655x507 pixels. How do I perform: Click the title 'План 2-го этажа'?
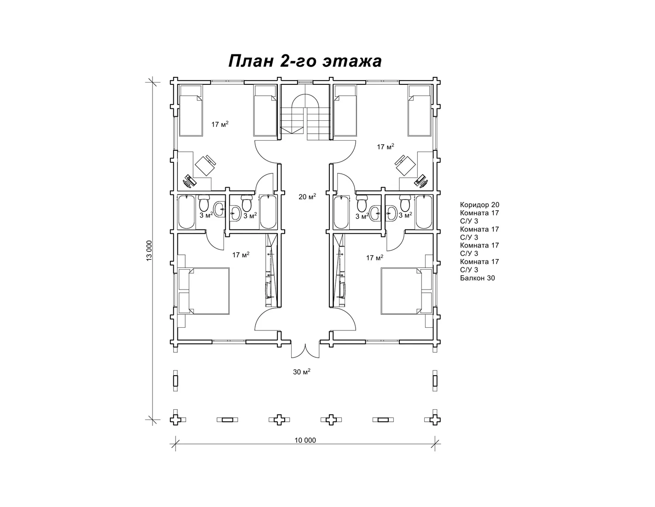(x=305, y=61)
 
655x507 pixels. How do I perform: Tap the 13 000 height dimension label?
(x=149, y=251)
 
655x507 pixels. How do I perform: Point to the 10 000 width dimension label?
(x=305, y=440)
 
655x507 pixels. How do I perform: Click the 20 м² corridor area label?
(x=307, y=196)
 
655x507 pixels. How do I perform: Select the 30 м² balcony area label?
(x=302, y=371)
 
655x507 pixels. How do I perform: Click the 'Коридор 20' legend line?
(x=480, y=205)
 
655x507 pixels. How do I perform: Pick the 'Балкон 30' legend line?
(x=478, y=278)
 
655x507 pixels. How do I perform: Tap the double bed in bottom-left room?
(x=204, y=291)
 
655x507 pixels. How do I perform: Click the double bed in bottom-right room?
(x=406, y=291)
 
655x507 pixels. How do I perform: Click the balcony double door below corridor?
(x=305, y=350)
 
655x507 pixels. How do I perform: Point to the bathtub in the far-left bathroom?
(x=187, y=212)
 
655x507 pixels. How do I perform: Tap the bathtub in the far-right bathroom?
(x=424, y=212)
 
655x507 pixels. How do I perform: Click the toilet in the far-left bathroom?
(x=204, y=203)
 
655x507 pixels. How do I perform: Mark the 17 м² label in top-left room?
(x=220, y=124)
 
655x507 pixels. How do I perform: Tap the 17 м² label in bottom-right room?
(x=374, y=258)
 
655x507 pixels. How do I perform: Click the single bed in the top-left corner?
(x=191, y=111)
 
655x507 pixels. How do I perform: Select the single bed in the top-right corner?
(x=419, y=111)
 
